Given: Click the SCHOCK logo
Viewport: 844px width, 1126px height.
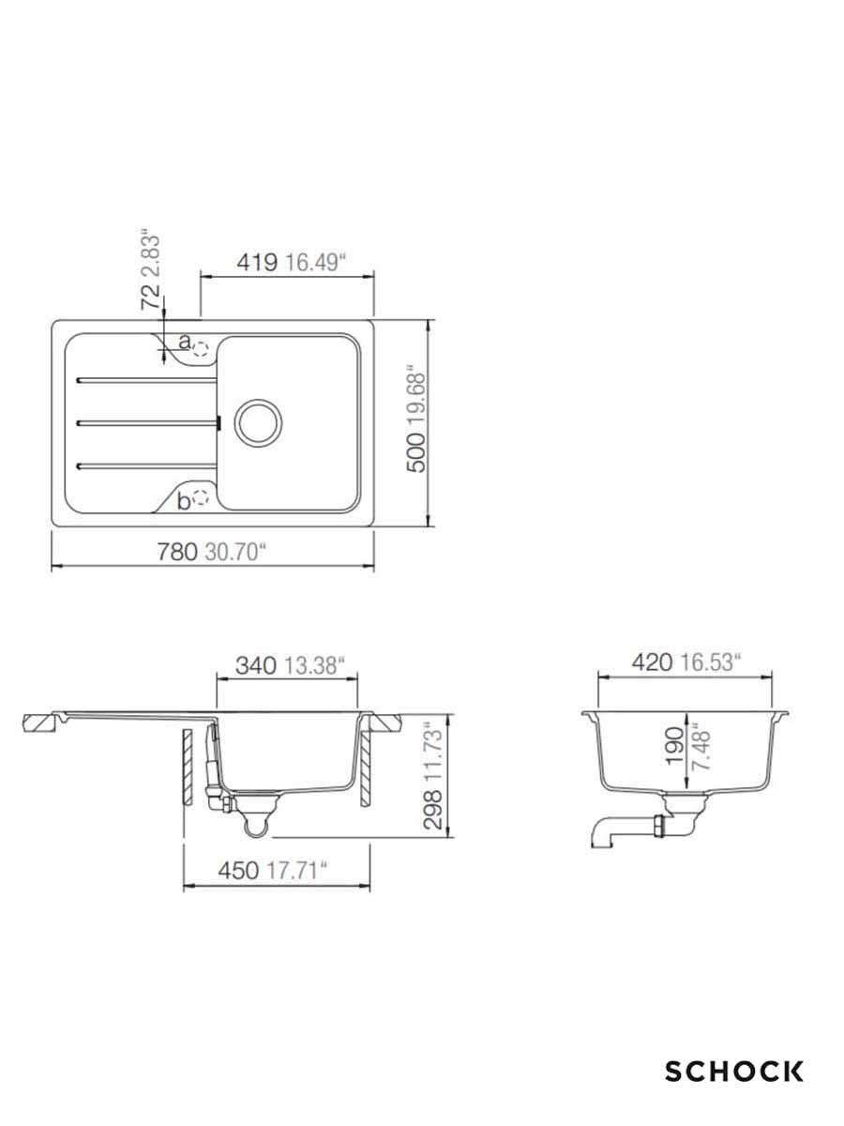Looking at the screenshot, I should [734, 1071].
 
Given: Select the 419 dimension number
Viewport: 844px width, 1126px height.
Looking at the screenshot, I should [257, 262].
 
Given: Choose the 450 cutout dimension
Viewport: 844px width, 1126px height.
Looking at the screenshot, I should [238, 870].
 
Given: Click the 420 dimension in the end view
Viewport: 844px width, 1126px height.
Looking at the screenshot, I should [653, 662].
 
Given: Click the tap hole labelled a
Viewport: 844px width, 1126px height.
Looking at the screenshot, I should [199, 349].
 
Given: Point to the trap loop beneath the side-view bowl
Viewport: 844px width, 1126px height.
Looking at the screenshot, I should [256, 826].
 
